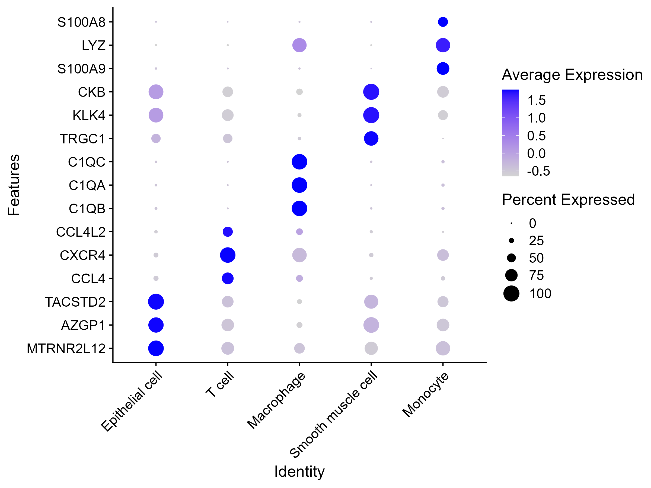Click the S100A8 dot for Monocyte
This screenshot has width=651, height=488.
[443, 22]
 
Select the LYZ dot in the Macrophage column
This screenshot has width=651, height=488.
[299, 45]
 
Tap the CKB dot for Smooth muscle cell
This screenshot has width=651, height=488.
[371, 92]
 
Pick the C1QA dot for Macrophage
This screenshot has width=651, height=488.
[299, 185]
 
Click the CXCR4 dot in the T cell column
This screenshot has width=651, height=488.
[228, 255]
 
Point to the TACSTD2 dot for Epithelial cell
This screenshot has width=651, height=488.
[156, 301]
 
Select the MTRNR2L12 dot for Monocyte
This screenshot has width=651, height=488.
[443, 348]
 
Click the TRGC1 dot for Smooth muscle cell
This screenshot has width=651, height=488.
[371, 139]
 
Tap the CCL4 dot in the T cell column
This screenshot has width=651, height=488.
[228, 278]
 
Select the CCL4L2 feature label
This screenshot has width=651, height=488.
[81, 232]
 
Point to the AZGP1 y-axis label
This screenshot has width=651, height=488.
[83, 325]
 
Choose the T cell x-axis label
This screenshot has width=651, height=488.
[220, 384]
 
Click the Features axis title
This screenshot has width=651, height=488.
[14, 185]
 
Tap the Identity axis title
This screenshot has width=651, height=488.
[299, 471]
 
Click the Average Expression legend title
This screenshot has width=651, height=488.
[572, 75]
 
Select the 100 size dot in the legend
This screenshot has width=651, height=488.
[512, 294]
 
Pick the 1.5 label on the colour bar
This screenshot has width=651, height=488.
[537, 101]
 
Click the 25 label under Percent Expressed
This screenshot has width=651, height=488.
[536, 241]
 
